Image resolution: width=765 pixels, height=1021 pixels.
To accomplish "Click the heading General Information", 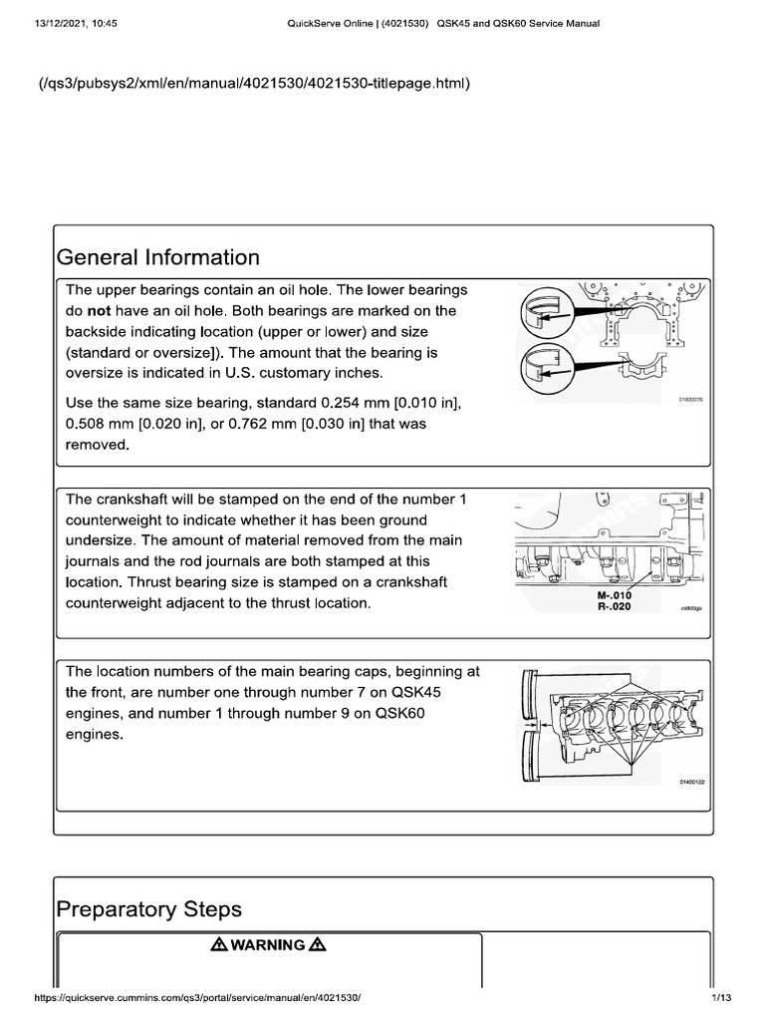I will (158, 257).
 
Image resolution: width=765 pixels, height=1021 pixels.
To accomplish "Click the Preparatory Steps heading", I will (148, 909).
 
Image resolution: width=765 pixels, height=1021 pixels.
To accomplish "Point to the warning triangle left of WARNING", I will (219, 945).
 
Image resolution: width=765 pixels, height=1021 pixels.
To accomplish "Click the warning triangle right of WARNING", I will (318, 945).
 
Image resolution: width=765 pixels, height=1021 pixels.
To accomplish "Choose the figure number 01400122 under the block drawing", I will (690, 784).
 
